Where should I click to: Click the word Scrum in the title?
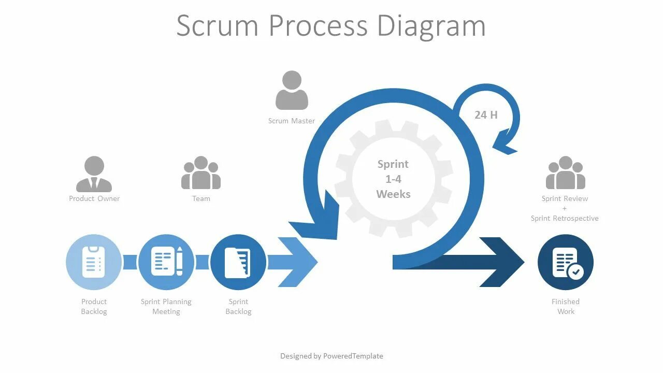217,25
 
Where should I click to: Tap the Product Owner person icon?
94,174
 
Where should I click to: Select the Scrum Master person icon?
292,90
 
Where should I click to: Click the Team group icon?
201,173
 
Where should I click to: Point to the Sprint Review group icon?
565,173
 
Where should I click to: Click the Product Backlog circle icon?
94,262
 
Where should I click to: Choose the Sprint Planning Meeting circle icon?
166,262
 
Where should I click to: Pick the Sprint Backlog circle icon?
238,262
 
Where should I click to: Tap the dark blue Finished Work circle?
565,262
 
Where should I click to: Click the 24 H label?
486,115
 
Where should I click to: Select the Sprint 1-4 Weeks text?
393,179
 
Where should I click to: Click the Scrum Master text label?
292,121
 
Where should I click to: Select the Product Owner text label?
94,198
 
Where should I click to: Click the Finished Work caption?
566,306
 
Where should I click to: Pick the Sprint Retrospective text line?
565,218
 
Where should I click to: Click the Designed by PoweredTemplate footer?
331,356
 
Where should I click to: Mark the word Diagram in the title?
431,25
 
